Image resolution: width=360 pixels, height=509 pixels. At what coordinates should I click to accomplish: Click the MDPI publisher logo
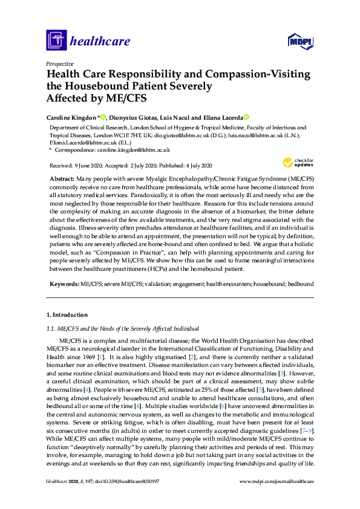[300, 42]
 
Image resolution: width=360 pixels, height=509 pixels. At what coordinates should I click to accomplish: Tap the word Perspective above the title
[60, 63]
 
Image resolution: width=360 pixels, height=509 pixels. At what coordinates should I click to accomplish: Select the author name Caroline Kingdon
[71, 117]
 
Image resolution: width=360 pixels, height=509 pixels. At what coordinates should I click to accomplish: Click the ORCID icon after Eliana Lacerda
[247, 117]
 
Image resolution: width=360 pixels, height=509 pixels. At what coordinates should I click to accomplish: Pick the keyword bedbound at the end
[300, 283]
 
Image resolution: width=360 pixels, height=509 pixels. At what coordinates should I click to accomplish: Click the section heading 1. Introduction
[67, 315]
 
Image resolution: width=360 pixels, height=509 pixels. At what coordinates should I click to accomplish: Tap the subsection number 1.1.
[51, 328]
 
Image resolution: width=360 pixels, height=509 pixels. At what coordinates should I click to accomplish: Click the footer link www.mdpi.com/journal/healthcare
[277, 498]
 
